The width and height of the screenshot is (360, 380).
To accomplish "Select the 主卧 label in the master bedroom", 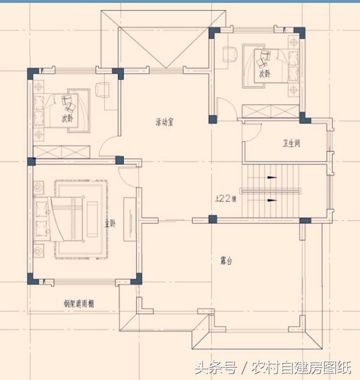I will [x=109, y=224].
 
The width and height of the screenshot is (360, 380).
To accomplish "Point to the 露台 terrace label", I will [x=226, y=261].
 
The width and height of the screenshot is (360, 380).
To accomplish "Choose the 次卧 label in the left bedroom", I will [x=68, y=118].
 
